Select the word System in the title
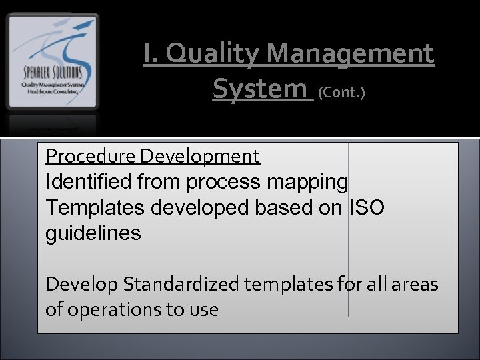point(262,88)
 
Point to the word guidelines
point(93,233)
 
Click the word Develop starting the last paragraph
point(79,285)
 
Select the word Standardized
point(180,285)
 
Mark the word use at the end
point(205,310)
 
